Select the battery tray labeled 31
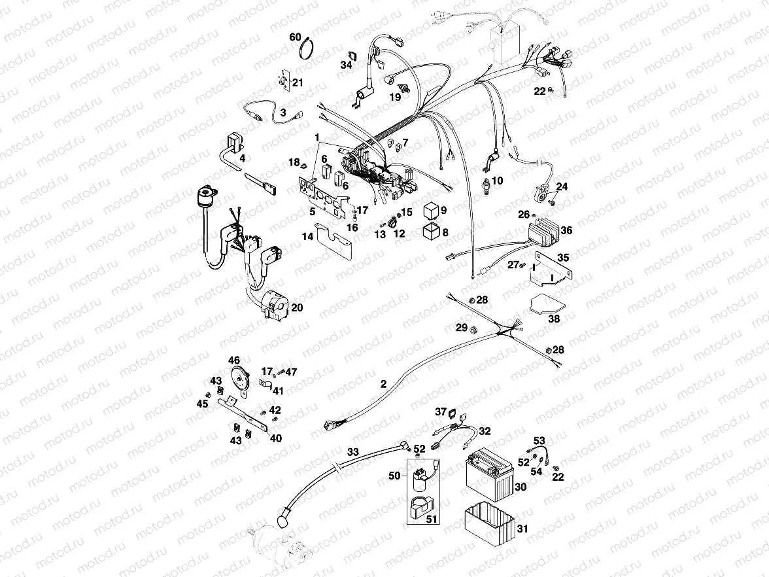click(488, 521)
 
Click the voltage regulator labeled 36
click(542, 230)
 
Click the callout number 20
click(296, 307)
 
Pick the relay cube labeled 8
click(430, 232)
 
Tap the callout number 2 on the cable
click(383, 384)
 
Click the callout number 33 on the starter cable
click(352, 451)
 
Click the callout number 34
click(346, 65)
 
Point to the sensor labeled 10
click(487, 183)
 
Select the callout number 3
click(282, 113)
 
